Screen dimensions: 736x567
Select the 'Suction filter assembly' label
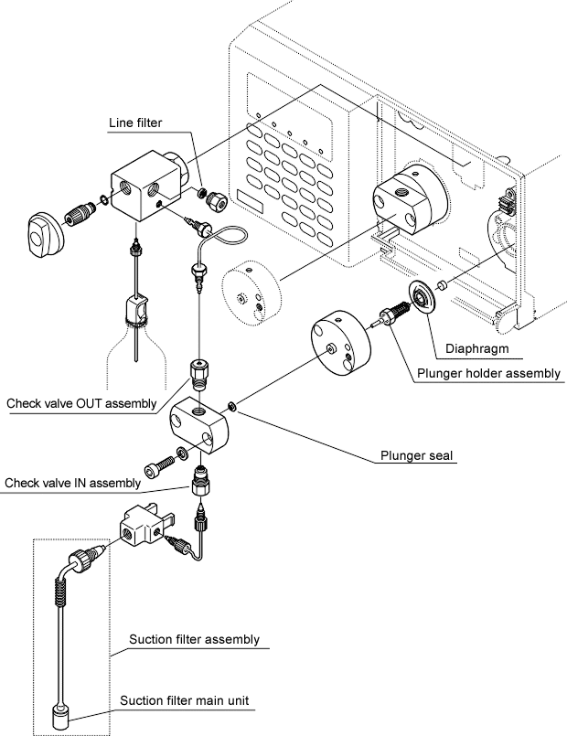click(x=194, y=639)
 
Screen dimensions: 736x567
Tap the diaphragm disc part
click(x=421, y=294)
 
